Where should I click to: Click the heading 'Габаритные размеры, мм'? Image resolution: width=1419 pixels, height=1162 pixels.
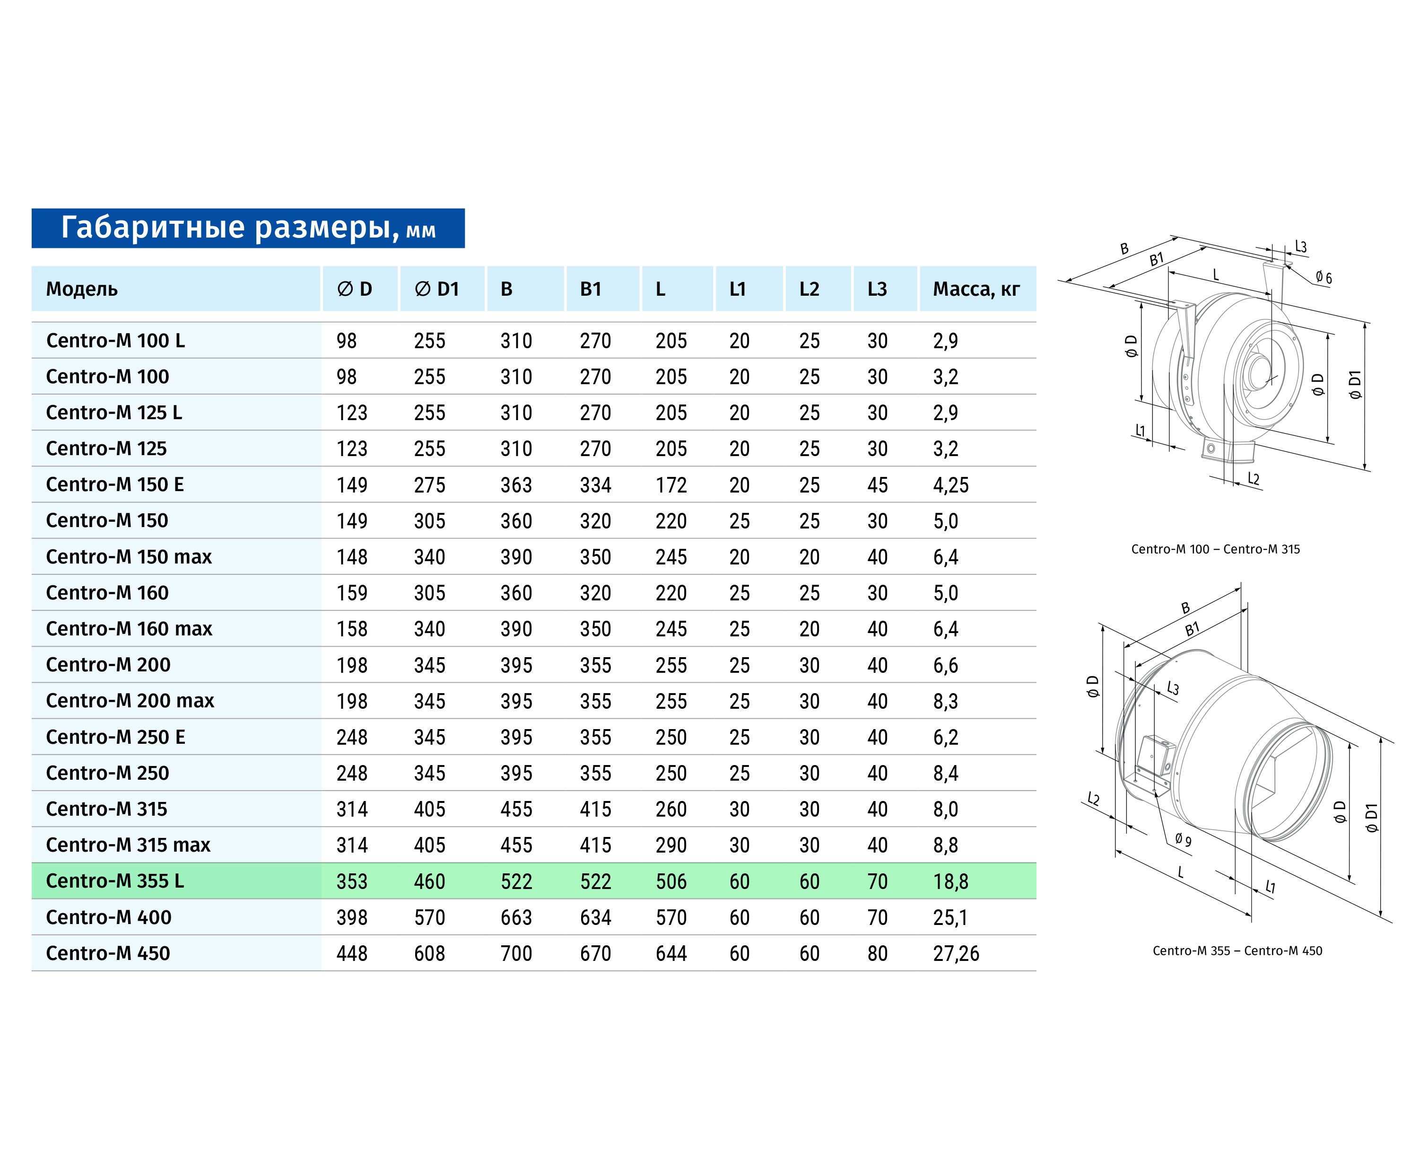click(248, 228)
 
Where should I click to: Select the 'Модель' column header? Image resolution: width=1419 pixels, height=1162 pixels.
click(82, 289)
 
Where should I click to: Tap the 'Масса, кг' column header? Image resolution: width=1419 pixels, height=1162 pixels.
click(976, 289)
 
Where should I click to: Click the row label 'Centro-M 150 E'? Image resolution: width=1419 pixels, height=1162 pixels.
click(114, 484)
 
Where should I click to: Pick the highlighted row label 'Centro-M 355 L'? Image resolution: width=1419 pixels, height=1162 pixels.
click(114, 881)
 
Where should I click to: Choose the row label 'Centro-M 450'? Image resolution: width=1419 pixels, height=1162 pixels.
click(108, 953)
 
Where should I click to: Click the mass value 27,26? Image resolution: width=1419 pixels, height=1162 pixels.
click(956, 953)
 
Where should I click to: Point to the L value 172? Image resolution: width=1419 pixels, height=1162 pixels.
click(671, 484)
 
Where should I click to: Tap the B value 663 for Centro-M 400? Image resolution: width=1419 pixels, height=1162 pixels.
click(516, 917)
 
